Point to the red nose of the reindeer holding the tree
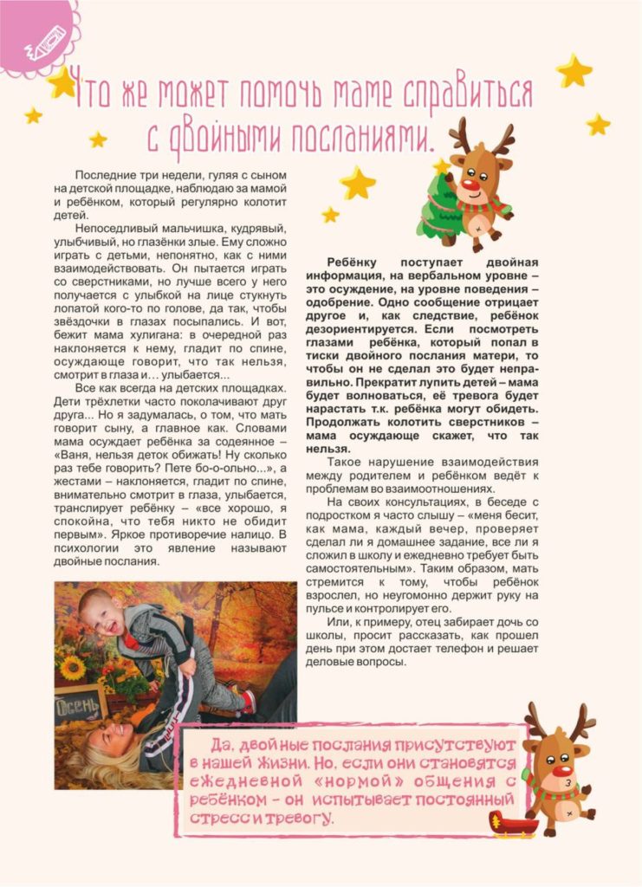(x=470, y=185)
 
